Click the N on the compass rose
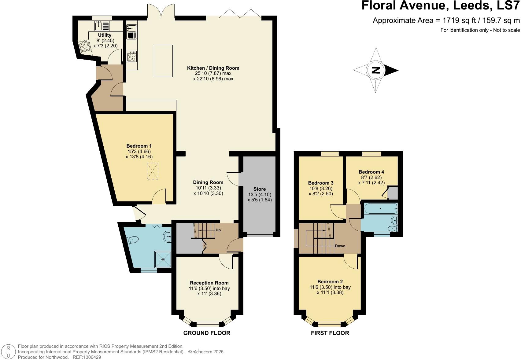point(375,70)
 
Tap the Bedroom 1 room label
point(139,146)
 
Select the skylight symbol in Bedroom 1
point(153,171)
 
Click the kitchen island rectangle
point(163,61)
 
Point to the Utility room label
point(105,35)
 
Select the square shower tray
point(163,259)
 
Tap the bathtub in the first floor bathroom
point(380,209)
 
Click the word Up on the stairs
point(218,230)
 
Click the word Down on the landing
point(340,246)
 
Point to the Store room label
point(260,189)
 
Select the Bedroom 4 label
point(371,172)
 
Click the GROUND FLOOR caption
point(207,333)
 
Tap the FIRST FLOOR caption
point(330,333)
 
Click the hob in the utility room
point(84,46)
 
